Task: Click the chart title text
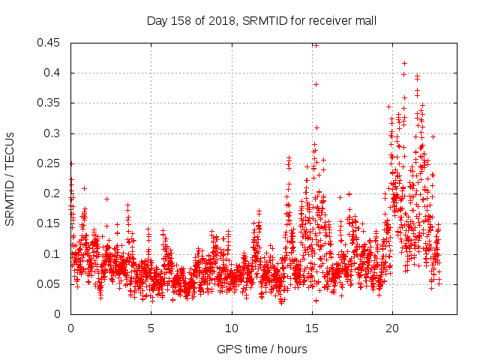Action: (260, 21)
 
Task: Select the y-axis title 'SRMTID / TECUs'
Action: (10, 178)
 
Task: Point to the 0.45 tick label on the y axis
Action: (51, 43)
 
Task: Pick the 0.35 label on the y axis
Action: (51, 103)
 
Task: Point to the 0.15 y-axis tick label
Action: (51, 223)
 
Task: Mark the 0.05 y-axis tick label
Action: (51, 283)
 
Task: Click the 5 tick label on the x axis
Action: (151, 328)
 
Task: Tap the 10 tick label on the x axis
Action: (231, 328)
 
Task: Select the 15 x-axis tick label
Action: (312, 328)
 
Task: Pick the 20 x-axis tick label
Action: (392, 328)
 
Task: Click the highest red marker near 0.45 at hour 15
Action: (316, 45)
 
